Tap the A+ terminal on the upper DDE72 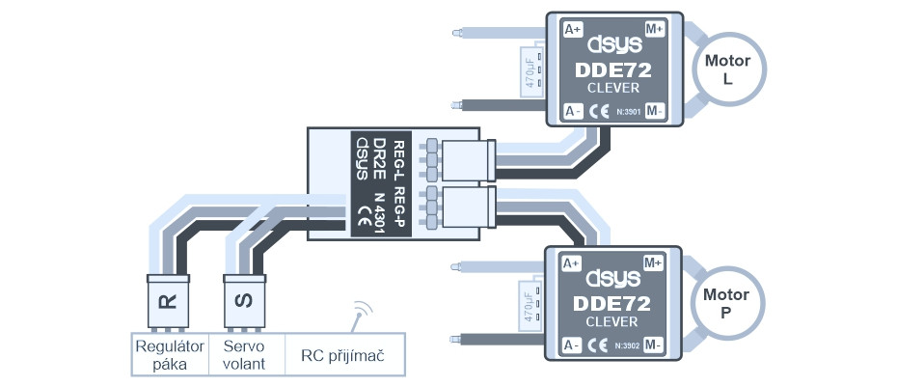click(572, 29)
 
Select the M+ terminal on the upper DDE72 click(656, 29)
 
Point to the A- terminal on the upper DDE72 click(572, 109)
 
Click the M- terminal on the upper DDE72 click(656, 109)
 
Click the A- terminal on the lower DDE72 click(570, 344)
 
